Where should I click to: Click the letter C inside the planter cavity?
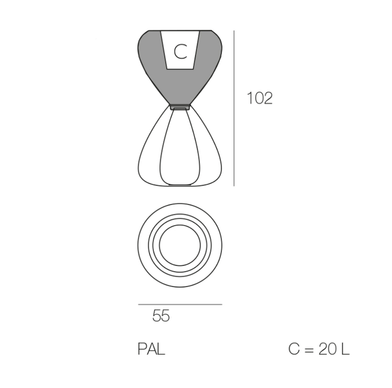tap(180, 52)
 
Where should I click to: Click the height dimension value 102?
tap(260, 98)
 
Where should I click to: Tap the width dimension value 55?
tap(161, 315)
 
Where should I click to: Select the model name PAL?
tap(151, 349)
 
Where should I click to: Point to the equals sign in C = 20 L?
tap(309, 349)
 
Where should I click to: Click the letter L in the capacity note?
tap(345, 349)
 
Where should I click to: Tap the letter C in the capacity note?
tap(294, 349)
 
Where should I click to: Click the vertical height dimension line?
tap(234, 109)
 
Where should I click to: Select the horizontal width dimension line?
tap(180, 304)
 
